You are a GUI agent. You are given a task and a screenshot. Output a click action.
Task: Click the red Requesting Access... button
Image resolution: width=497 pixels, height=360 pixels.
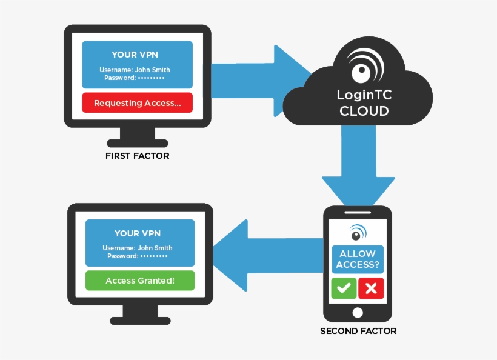point(137,103)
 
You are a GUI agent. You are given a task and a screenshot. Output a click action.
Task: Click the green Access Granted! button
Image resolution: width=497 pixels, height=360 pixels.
point(140,281)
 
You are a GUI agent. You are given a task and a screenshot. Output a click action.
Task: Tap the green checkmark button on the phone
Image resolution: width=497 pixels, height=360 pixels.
point(343,288)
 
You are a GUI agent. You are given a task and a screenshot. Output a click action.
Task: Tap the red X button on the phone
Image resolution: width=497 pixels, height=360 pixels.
point(371,288)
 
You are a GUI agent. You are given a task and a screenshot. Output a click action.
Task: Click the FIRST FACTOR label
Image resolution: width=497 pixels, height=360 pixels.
point(137,156)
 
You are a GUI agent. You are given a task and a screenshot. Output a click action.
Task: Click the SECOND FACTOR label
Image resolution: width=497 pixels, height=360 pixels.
point(358,331)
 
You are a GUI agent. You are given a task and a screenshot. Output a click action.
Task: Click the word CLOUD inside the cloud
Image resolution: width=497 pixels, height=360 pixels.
point(364,112)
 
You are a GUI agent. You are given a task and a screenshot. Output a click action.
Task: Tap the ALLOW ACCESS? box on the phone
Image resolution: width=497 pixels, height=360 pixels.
point(358,259)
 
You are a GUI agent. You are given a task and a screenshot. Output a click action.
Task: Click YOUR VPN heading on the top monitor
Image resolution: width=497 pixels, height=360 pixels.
point(137,55)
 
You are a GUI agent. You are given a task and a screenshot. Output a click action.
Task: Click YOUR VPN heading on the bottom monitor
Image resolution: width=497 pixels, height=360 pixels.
point(140,233)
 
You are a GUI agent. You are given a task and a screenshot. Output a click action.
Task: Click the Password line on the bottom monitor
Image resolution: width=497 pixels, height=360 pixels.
point(138,256)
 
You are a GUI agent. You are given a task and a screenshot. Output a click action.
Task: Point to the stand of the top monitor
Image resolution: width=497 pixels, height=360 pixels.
point(137,136)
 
